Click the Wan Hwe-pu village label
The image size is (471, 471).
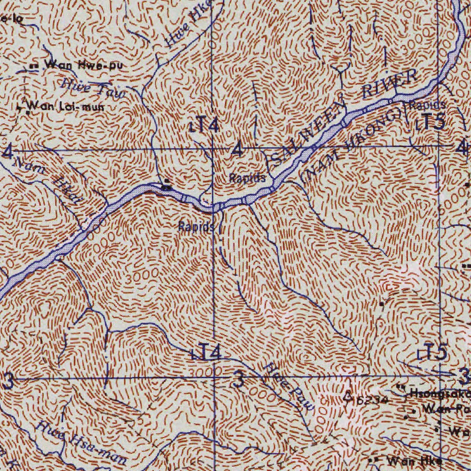coord(84,65)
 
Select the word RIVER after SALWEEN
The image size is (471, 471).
coord(389,83)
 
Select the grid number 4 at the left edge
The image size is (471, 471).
coord(7,152)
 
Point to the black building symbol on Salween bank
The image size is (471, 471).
coord(167,187)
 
